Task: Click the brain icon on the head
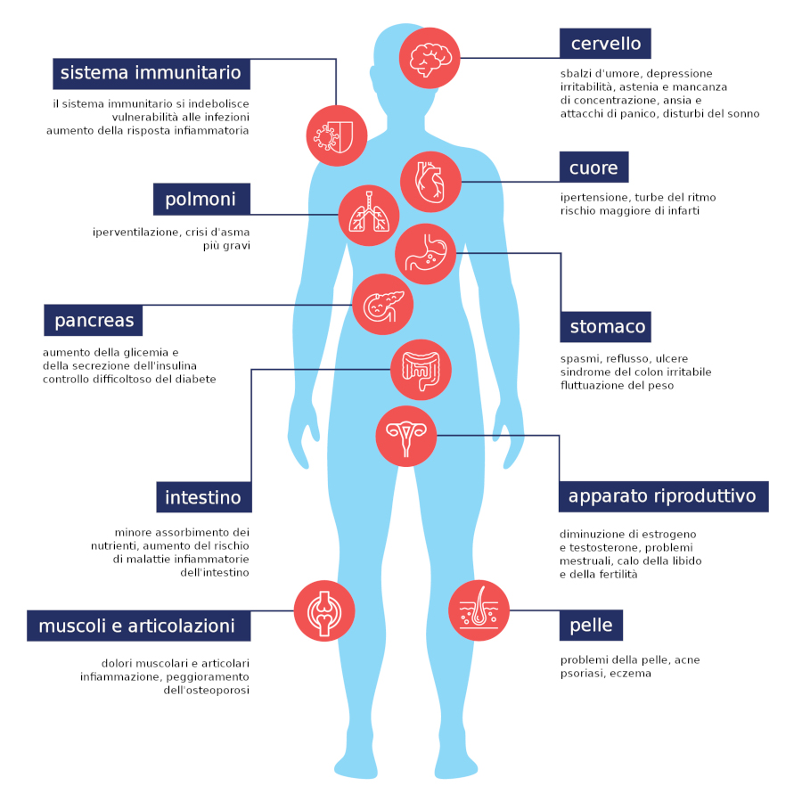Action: click(430, 58)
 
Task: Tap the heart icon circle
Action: click(430, 182)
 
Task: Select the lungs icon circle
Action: click(369, 216)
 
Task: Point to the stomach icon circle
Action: click(426, 254)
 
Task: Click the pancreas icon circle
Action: click(382, 305)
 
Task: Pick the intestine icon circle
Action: click(421, 370)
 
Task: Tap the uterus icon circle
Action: click(406, 436)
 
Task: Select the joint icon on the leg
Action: click(324, 610)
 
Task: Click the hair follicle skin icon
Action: click(479, 610)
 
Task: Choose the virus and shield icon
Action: click(337, 135)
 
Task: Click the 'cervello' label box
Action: click(605, 44)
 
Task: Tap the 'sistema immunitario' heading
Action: click(151, 74)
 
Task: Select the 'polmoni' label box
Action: click(201, 199)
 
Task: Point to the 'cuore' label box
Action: click(593, 167)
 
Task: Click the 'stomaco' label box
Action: click(606, 326)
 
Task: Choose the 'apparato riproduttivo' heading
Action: click(663, 496)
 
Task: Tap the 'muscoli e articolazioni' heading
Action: click(139, 626)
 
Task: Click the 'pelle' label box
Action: click(592, 625)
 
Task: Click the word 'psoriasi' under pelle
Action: click(583, 674)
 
